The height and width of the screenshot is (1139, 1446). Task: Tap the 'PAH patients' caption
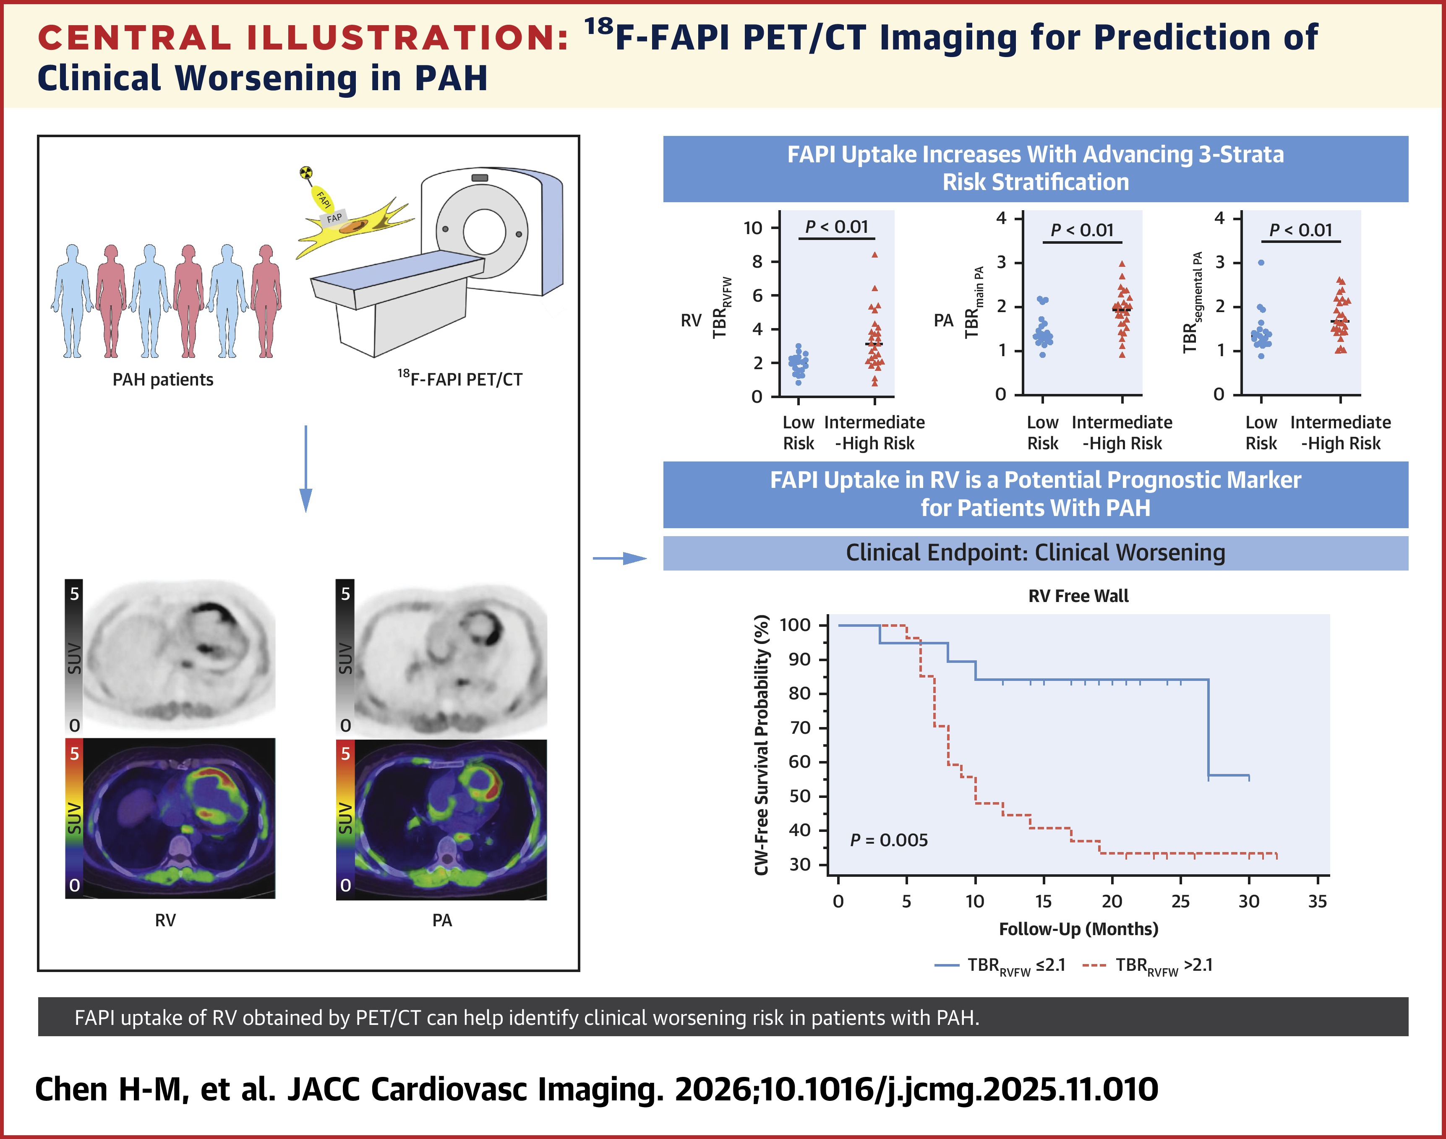pyautogui.click(x=163, y=379)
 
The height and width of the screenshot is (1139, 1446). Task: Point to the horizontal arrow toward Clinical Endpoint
pyautogui.click(x=620, y=558)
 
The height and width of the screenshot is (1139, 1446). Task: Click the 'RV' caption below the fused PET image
pyautogui.click(x=165, y=920)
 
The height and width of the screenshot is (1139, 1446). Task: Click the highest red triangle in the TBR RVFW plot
pyautogui.click(x=874, y=255)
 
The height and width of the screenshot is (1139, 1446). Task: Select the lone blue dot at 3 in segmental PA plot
pyautogui.click(x=1261, y=263)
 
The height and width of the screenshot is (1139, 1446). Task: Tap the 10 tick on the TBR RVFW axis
pyautogui.click(x=753, y=228)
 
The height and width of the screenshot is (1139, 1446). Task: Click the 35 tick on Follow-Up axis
pyautogui.click(x=1317, y=902)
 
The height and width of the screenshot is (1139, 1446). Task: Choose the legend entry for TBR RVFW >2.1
pyautogui.click(x=1147, y=965)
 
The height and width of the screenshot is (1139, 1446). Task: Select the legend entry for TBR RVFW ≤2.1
pyautogui.click(x=1000, y=965)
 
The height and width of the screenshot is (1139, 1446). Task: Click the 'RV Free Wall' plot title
pyautogui.click(x=1078, y=595)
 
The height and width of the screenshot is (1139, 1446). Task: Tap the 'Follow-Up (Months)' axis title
pyautogui.click(x=1078, y=929)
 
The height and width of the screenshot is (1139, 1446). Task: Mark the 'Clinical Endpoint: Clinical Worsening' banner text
pyautogui.click(x=1035, y=553)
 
